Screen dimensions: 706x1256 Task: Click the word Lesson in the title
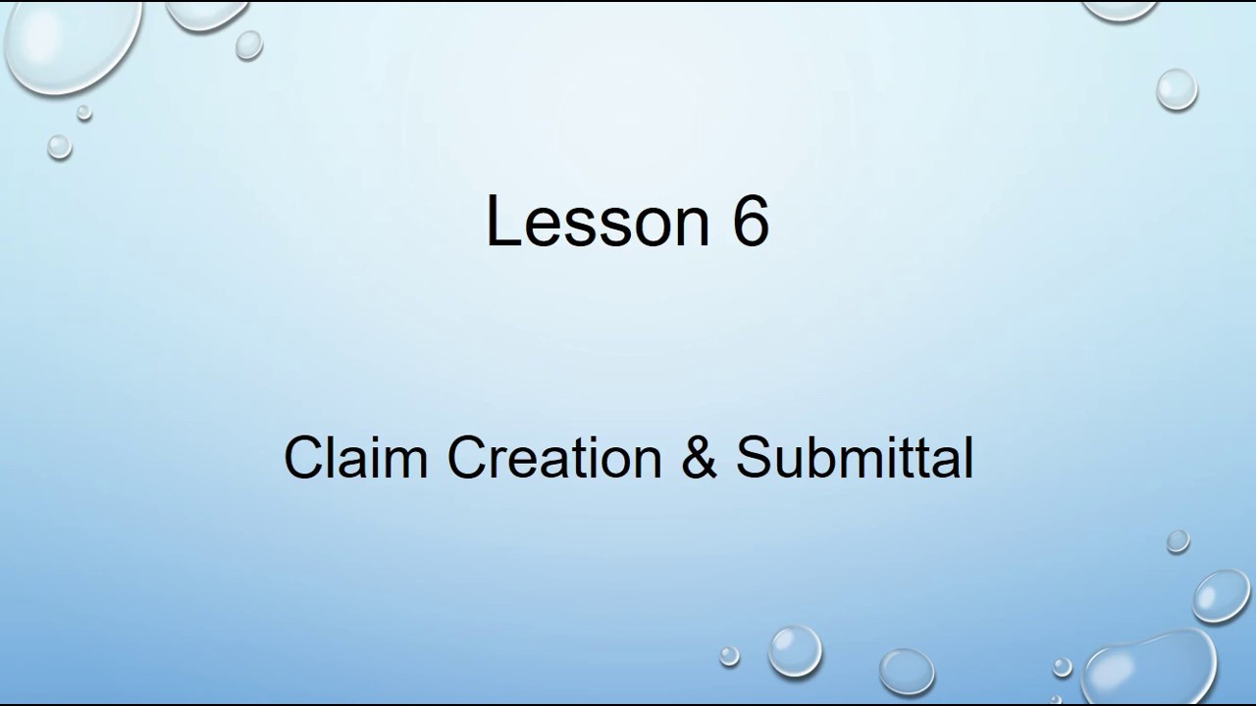(597, 221)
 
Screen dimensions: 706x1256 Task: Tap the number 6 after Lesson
(749, 221)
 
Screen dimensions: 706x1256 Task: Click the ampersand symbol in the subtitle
(699, 458)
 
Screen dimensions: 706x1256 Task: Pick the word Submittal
(854, 457)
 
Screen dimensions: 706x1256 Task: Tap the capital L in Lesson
(502, 221)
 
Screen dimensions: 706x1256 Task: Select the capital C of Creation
(467, 458)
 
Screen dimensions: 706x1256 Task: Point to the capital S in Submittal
(755, 458)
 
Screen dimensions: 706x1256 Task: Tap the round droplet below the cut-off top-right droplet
(1177, 90)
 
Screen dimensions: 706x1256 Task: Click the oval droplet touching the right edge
(1223, 594)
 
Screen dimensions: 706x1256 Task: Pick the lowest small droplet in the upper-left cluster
(60, 147)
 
